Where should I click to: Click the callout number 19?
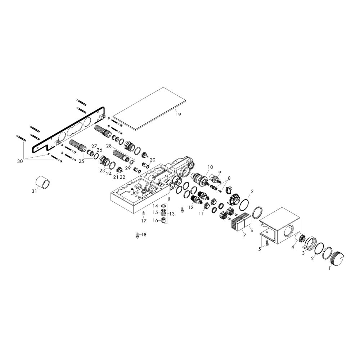click(178, 114)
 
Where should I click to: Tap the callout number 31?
click(34, 191)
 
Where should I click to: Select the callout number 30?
click(20, 161)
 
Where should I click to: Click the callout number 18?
click(144, 235)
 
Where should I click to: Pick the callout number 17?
click(144, 221)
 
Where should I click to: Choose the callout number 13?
click(172, 214)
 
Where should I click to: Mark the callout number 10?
click(211, 167)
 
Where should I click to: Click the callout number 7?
click(244, 235)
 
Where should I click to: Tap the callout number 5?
click(260, 249)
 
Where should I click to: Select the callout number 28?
click(109, 146)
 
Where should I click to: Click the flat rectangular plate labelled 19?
click(150, 109)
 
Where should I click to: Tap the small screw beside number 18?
click(138, 235)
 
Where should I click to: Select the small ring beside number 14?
click(163, 206)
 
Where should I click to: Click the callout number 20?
click(152, 160)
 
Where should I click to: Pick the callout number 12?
click(191, 207)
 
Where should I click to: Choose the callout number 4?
click(292, 247)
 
